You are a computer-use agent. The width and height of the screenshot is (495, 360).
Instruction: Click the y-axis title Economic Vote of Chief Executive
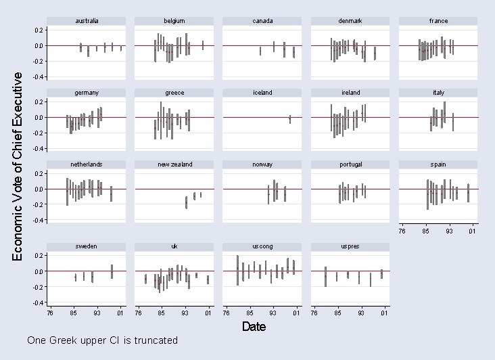19,166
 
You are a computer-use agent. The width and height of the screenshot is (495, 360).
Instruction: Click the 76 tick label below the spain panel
402,232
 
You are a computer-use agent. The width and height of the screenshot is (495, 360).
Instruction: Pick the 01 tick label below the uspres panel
384,313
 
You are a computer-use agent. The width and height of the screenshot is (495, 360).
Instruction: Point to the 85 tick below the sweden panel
73,313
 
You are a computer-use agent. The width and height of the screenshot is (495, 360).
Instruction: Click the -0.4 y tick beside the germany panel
40,148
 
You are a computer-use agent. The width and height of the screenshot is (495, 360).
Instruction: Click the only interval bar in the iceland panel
290,119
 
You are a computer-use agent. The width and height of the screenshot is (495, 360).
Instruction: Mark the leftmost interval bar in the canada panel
260,51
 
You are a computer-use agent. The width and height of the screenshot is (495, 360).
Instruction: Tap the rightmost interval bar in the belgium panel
203,45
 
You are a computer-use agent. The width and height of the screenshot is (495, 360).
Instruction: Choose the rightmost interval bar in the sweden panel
112,271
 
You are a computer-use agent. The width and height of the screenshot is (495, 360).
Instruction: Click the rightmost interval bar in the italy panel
453,122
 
